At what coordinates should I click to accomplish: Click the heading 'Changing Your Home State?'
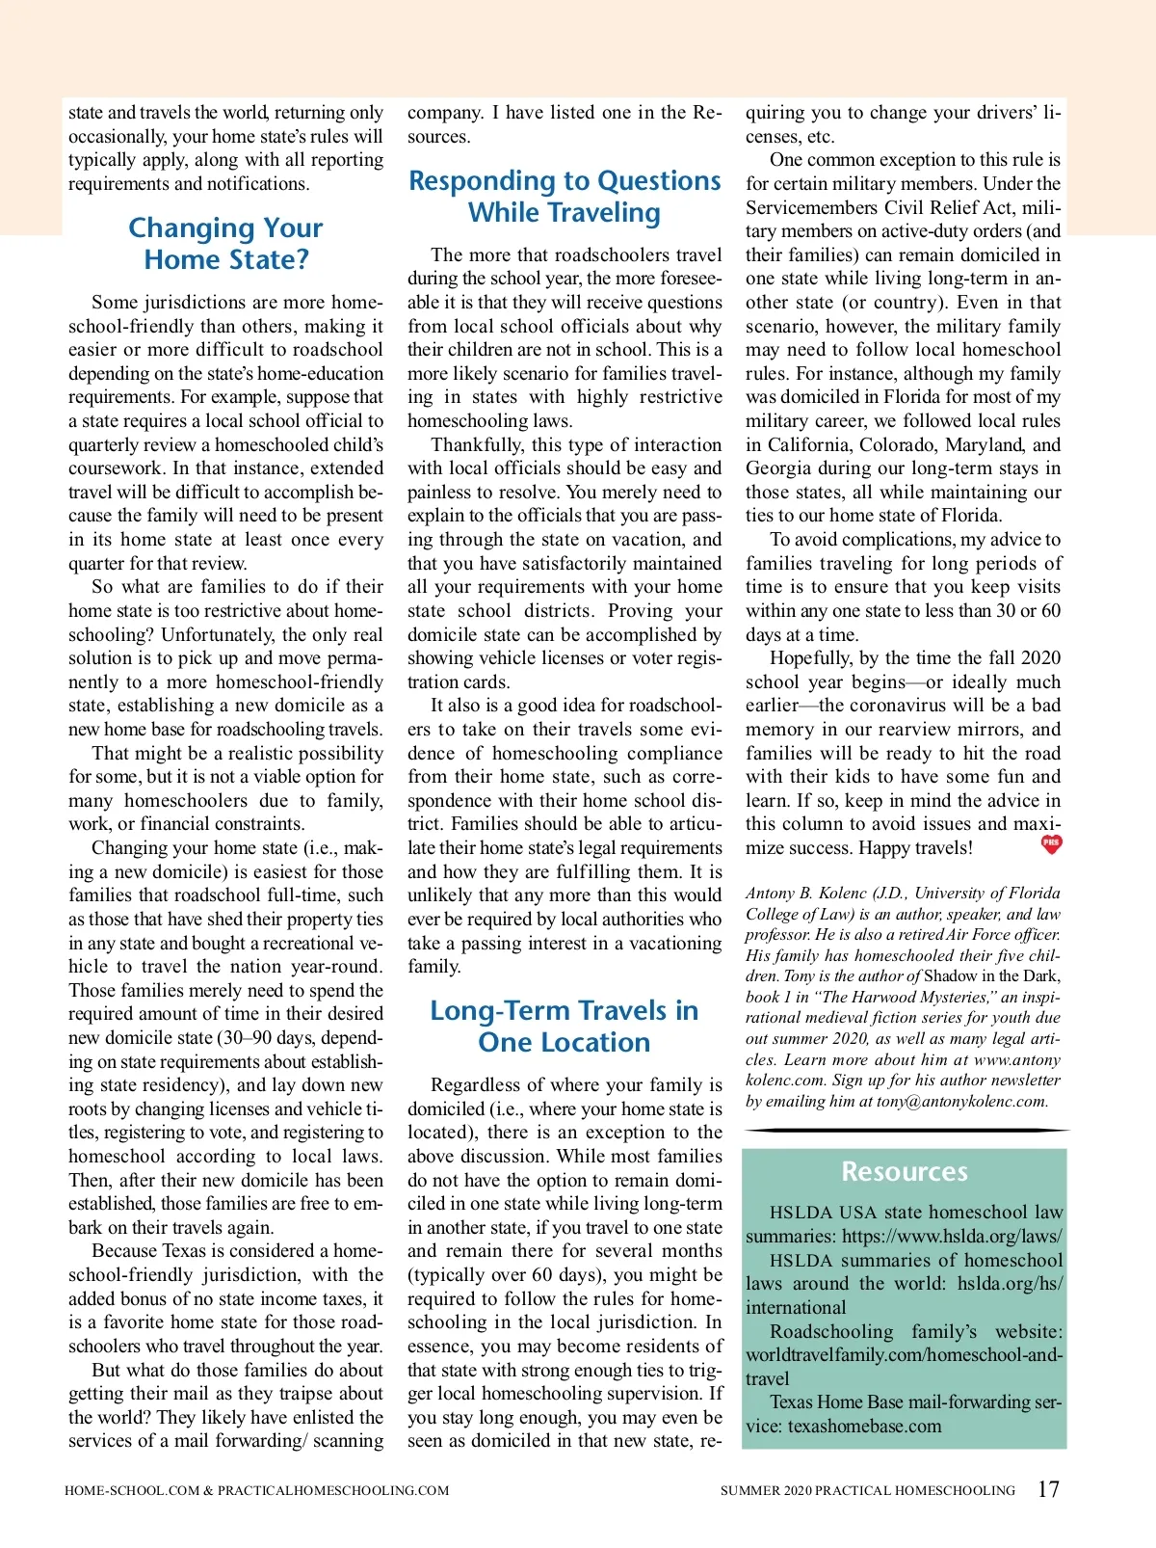click(x=225, y=244)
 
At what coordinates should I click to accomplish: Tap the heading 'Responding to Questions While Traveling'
click(x=565, y=197)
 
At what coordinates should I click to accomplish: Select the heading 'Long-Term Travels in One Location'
click(x=565, y=1027)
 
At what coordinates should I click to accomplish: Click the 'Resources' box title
click(x=904, y=1171)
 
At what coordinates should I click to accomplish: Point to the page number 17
click(x=1048, y=1489)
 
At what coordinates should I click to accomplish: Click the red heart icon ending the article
click(x=1051, y=844)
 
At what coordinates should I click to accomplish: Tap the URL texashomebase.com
click(x=864, y=1427)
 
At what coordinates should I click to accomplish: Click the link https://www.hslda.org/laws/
click(x=952, y=1237)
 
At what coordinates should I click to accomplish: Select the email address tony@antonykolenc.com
click(x=960, y=1102)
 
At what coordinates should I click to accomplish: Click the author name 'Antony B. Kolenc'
click(x=805, y=894)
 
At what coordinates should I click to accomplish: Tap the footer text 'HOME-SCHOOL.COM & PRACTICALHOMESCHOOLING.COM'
click(x=256, y=1490)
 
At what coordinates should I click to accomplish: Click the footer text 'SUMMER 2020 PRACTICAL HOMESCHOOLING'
click(x=867, y=1490)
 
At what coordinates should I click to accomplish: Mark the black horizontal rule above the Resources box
click(x=906, y=1130)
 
